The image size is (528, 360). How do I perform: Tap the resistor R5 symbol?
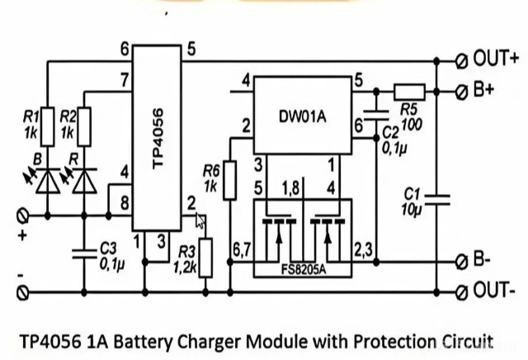(408, 91)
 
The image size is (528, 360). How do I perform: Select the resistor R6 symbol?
(230, 176)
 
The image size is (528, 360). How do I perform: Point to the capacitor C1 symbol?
(436, 197)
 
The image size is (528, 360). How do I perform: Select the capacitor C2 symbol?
(373, 115)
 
